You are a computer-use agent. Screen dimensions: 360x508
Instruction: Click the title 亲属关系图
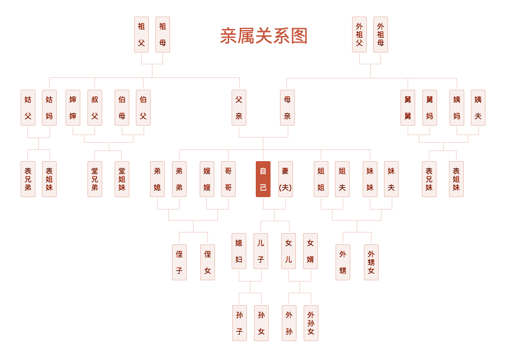(263, 36)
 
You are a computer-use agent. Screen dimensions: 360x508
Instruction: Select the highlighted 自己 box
(263, 179)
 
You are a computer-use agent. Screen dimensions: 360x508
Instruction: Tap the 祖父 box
(141, 34)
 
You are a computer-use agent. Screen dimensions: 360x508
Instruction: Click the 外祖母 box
(380, 34)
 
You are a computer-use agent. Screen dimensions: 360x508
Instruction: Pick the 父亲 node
(239, 107)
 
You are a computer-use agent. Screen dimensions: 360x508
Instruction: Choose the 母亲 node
(287, 107)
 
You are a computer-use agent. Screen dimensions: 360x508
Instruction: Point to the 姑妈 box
(49, 107)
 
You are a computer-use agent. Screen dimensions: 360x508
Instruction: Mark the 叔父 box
(95, 107)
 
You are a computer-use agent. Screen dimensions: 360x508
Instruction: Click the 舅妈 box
(429, 107)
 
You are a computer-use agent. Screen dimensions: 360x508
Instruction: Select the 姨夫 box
(478, 107)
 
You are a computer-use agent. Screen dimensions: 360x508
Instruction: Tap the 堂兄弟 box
(95, 179)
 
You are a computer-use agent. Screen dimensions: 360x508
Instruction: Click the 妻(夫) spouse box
(285, 179)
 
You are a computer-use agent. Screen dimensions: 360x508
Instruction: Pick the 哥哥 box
(228, 179)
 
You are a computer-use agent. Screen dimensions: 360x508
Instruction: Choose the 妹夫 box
(391, 179)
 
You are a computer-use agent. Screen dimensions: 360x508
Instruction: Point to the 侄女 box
(207, 262)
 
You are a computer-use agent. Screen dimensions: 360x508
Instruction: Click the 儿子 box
(260, 251)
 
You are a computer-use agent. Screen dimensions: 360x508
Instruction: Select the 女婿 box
(310, 251)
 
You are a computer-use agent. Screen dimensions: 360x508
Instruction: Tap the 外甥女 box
(371, 262)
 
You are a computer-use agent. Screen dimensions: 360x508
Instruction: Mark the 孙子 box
(239, 323)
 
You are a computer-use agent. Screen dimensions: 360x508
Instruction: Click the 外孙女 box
(311, 323)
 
